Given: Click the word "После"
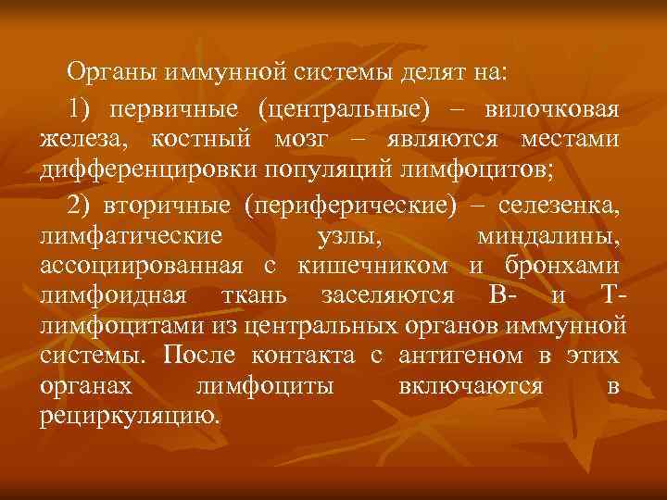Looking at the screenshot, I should [x=197, y=355].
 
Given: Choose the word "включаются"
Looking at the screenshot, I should [x=471, y=386].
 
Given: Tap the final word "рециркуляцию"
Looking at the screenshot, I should [x=131, y=417].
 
